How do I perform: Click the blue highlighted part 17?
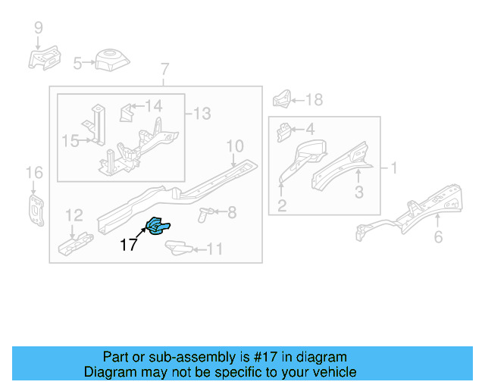coord(159,226)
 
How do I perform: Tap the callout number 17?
coord(128,245)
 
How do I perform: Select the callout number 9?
coord(38,29)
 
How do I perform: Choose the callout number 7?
coord(164,71)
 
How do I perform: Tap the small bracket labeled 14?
coord(127,114)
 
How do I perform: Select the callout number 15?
coord(70,140)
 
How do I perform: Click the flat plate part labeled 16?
coord(35,208)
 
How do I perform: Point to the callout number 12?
coord(74,215)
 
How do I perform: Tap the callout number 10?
coord(234,145)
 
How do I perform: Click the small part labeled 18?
coord(281,99)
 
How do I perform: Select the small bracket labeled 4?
coord(283,132)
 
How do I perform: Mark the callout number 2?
coord(281,205)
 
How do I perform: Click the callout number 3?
coord(359,192)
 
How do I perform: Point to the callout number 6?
coord(438,238)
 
